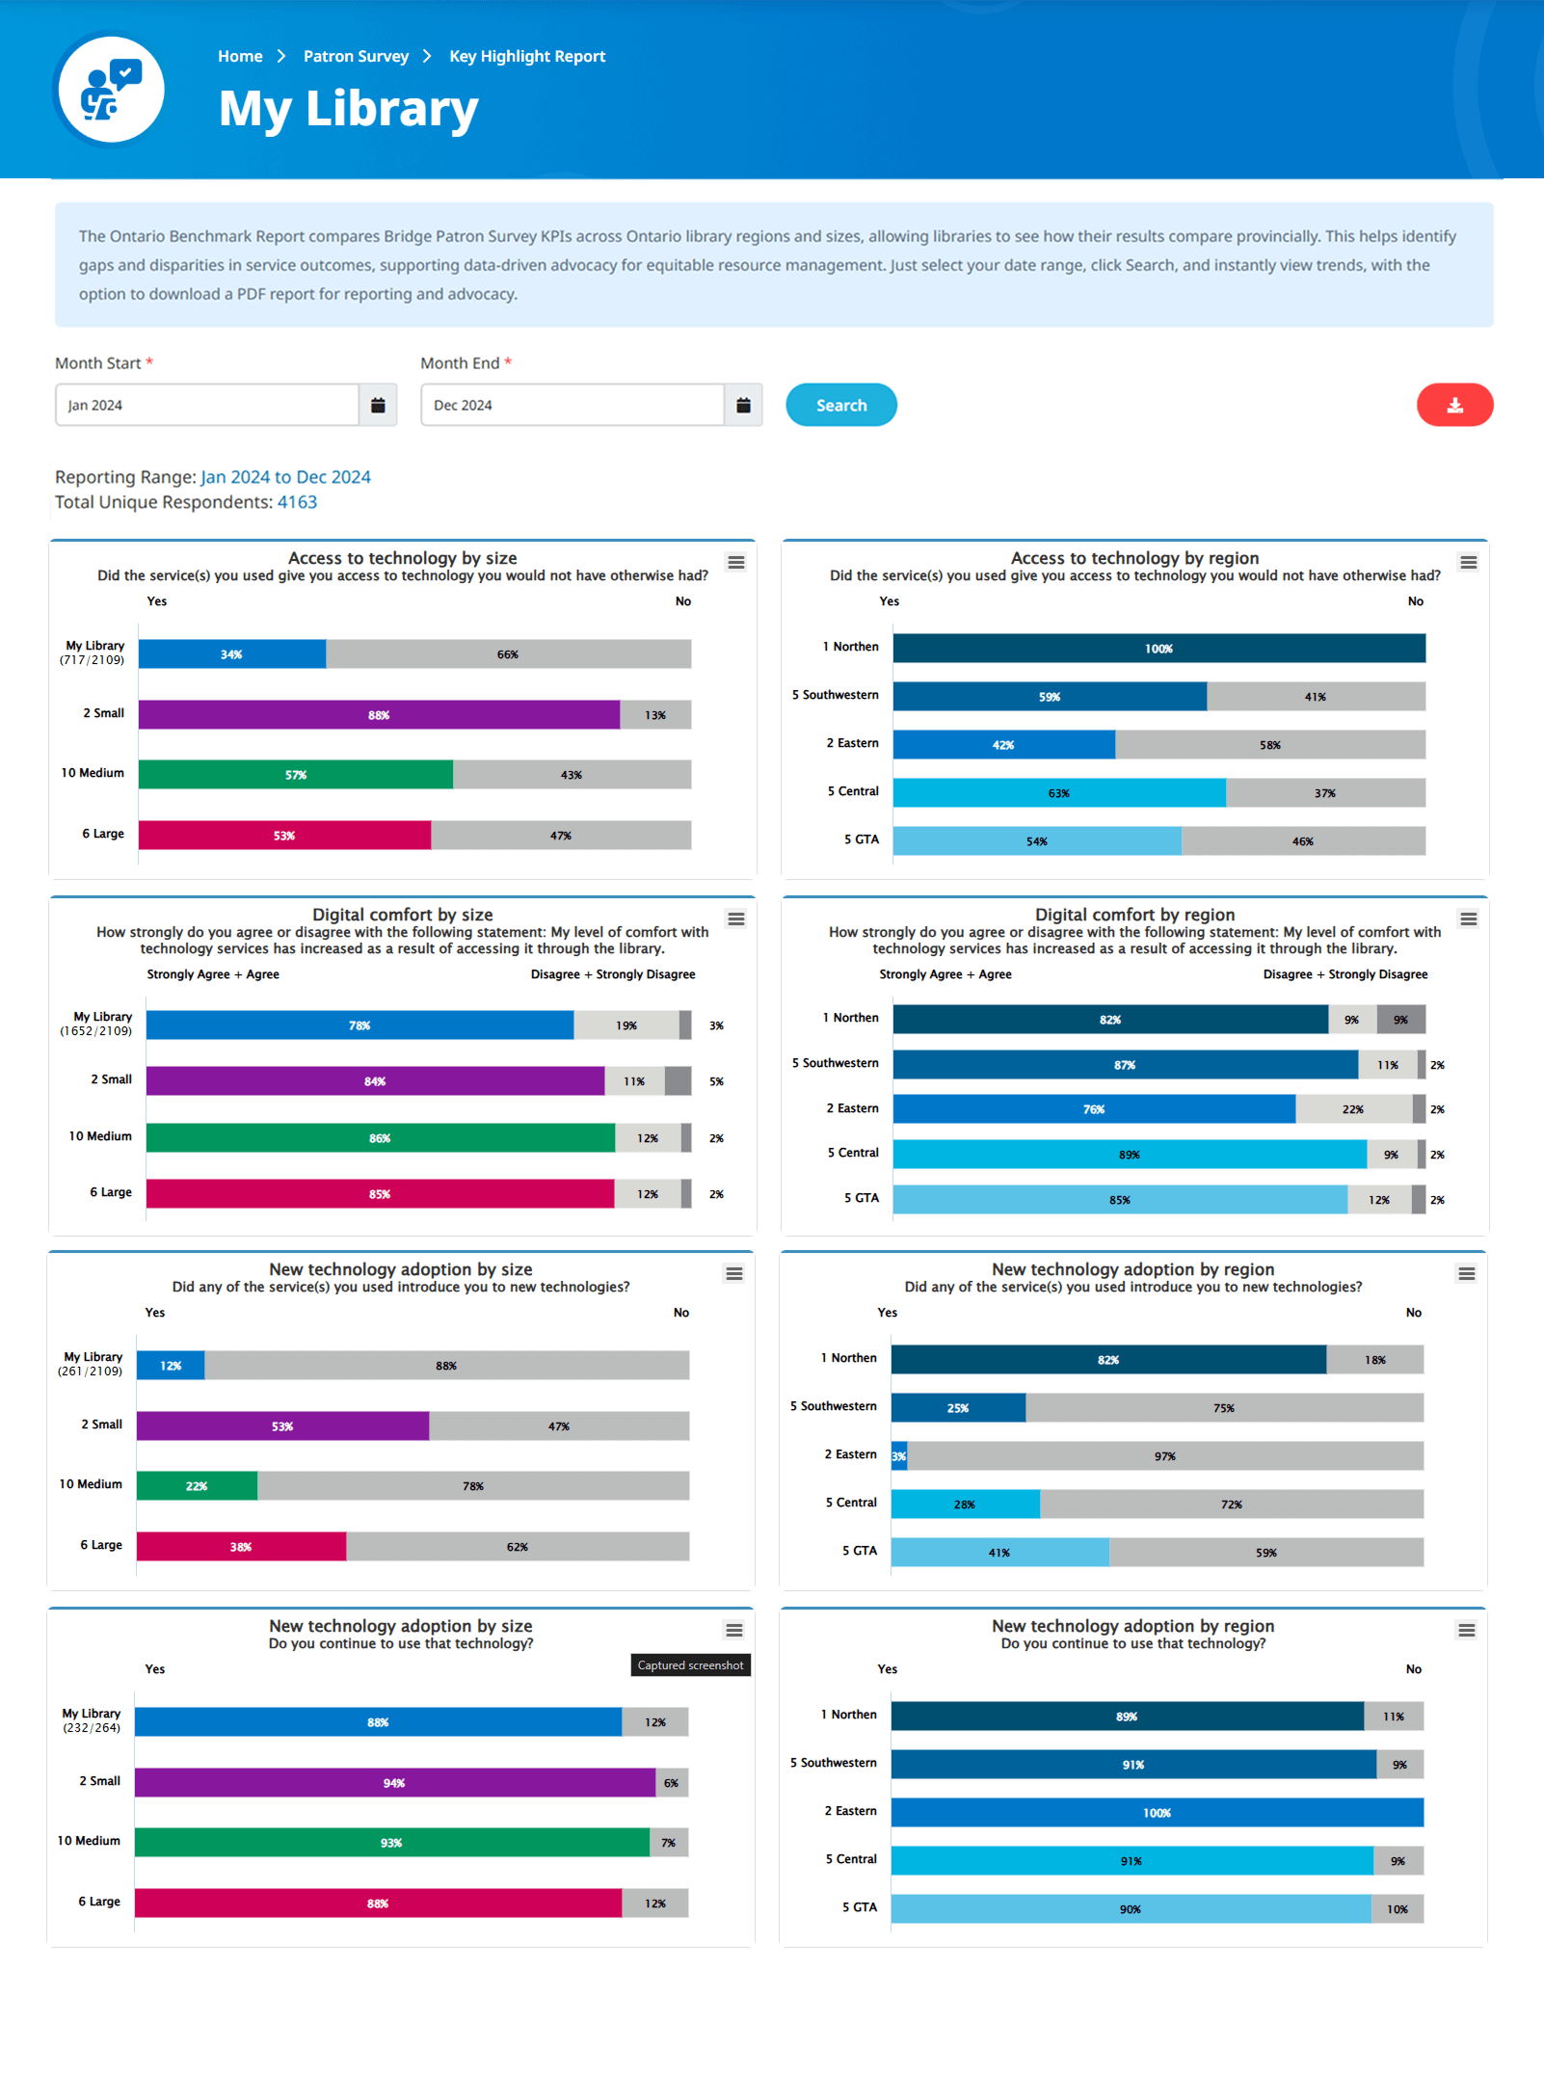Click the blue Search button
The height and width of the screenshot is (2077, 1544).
tap(840, 405)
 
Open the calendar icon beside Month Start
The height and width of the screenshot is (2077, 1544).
tap(378, 405)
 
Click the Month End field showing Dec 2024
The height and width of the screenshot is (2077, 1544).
tap(572, 405)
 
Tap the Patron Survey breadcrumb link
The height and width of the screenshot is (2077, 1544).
tap(356, 56)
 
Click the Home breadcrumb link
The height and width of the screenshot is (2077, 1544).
tap(240, 56)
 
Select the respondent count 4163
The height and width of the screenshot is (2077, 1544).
tap(297, 502)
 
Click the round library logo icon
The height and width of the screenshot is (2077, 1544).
tap(111, 90)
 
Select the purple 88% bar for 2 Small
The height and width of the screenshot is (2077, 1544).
tap(379, 715)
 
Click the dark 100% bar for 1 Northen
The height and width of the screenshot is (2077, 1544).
tap(1158, 649)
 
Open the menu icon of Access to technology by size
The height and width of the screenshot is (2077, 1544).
tap(736, 563)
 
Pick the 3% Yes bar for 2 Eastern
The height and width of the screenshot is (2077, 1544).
tap(898, 1456)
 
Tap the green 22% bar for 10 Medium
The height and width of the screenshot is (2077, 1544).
tap(197, 1486)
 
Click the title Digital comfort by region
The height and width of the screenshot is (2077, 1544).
tap(1134, 915)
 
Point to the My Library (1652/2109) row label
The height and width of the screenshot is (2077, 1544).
tap(96, 1024)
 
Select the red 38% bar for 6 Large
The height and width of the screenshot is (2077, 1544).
tap(241, 1547)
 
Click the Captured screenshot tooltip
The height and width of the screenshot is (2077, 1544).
tap(690, 1665)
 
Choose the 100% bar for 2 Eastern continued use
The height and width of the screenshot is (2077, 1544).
tap(1157, 1813)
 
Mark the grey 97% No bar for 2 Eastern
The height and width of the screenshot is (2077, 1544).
tap(1164, 1456)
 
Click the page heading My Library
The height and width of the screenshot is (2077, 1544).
tap(348, 108)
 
